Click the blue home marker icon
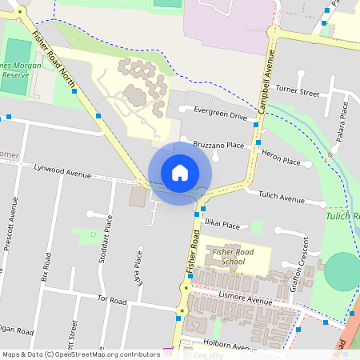click(x=180, y=173)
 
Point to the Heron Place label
click(x=281, y=162)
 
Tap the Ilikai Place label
click(x=221, y=226)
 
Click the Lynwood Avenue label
click(x=63, y=170)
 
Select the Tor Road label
click(x=112, y=299)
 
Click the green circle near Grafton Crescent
click(x=342, y=272)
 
